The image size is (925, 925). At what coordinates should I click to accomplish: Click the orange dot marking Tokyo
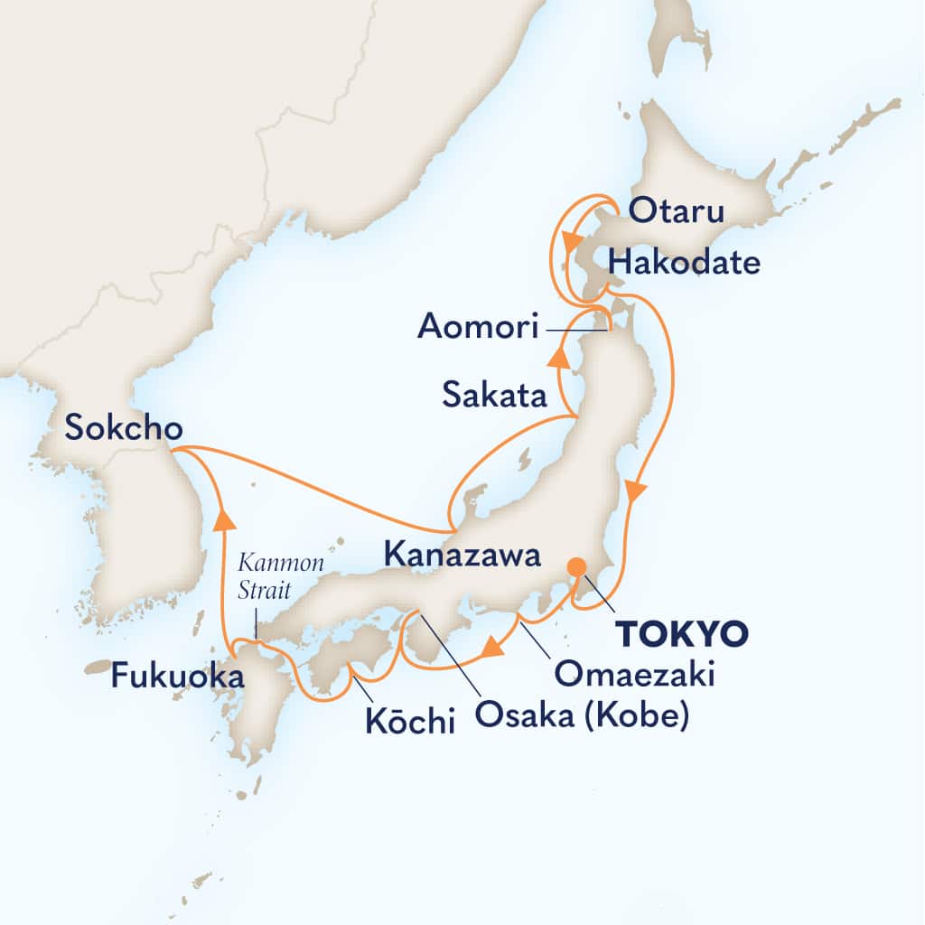(575, 567)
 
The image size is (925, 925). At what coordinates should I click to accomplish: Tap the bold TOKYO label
(682, 634)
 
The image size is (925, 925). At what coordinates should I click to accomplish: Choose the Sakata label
(493, 394)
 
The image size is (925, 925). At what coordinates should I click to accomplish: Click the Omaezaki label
(635, 672)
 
